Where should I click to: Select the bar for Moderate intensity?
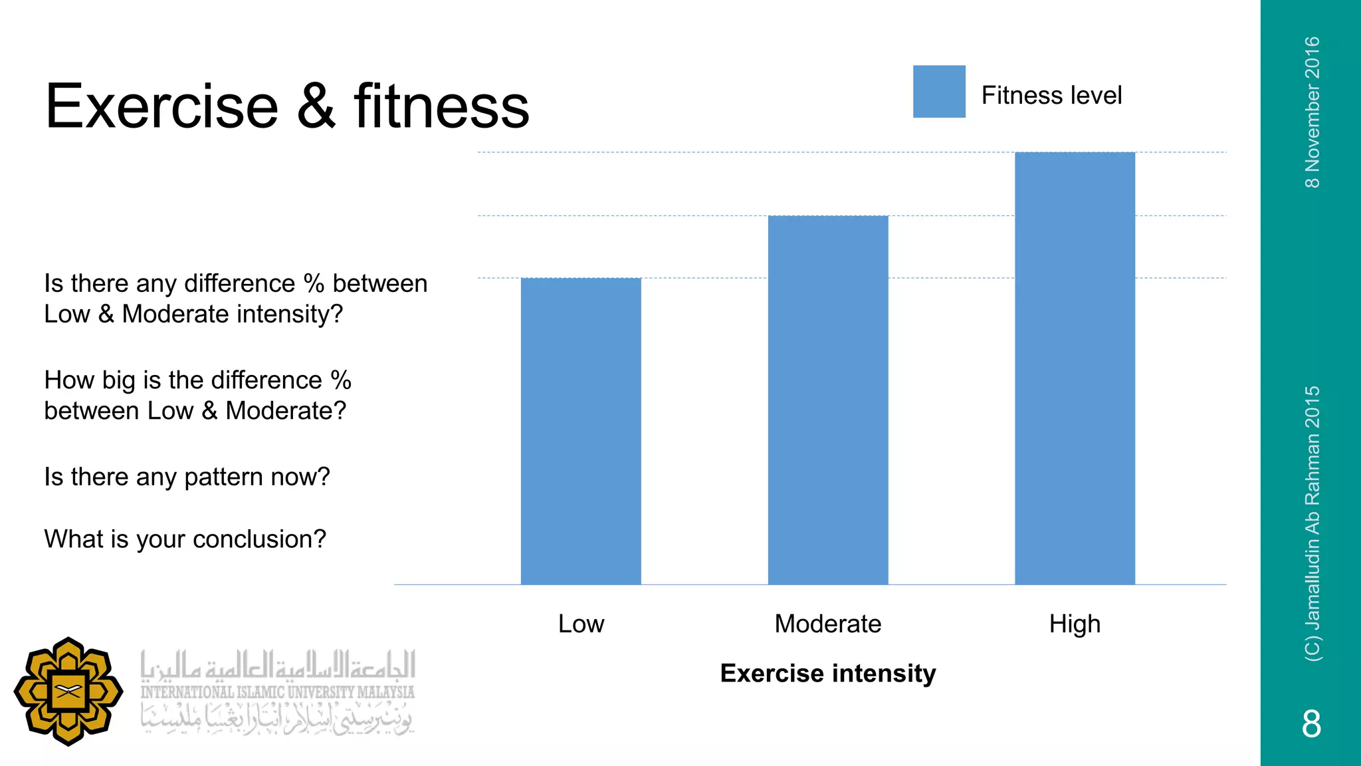tap(828, 400)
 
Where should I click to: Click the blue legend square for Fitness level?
tap(939, 92)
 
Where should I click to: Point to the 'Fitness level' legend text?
tap(1051, 95)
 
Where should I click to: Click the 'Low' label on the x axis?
tap(581, 624)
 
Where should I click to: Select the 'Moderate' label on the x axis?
tap(828, 624)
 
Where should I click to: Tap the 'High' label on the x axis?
tap(1075, 624)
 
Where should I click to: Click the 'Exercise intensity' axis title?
tap(828, 673)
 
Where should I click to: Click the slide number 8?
tap(1311, 723)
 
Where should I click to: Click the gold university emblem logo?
tap(68, 692)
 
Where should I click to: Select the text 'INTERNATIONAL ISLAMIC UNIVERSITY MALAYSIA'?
tap(277, 692)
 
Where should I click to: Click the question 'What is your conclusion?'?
tap(185, 539)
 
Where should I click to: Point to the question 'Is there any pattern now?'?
tap(187, 477)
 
